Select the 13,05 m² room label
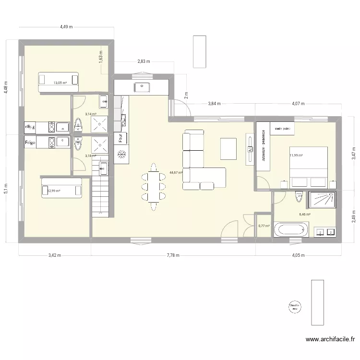[60, 83]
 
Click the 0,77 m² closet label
[264, 226]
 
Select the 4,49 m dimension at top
[66, 27]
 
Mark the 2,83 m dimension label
[144, 61]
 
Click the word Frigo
[31, 143]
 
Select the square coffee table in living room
[228, 149]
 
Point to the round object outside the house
[293, 306]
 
